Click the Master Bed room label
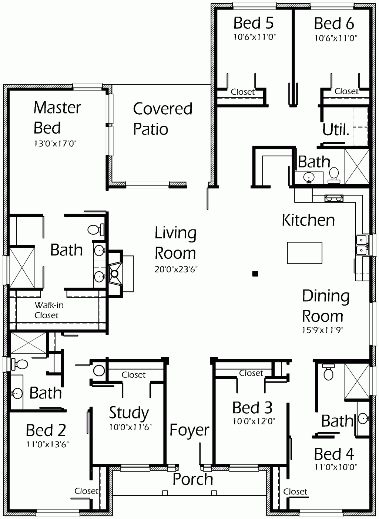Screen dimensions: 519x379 coord(57,118)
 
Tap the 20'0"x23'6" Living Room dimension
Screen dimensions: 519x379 coord(176,269)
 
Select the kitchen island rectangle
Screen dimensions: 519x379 coord(305,253)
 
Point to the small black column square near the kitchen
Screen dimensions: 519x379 coord(255,274)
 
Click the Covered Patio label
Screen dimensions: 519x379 coord(162,119)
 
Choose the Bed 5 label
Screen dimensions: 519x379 coord(254,23)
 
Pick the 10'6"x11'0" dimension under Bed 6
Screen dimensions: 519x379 coord(336,38)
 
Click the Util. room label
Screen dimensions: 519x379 coord(336,130)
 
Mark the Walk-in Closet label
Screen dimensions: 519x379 coord(48,310)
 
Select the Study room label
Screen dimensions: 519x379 coord(129,413)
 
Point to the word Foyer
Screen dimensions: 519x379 coord(189,430)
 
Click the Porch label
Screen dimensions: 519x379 coord(192,479)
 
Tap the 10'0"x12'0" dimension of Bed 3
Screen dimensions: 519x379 coord(254,421)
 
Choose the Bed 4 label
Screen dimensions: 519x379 coord(334,454)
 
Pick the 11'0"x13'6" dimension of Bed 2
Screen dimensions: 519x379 coord(47,444)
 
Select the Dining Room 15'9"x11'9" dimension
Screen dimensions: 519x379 coord(323,330)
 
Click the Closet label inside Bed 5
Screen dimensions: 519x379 coord(242,92)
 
